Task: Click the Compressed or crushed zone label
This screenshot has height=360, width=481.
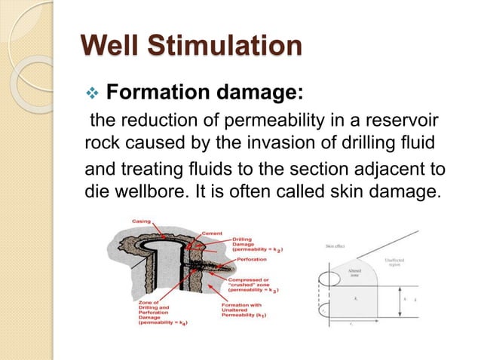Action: tap(256, 285)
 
